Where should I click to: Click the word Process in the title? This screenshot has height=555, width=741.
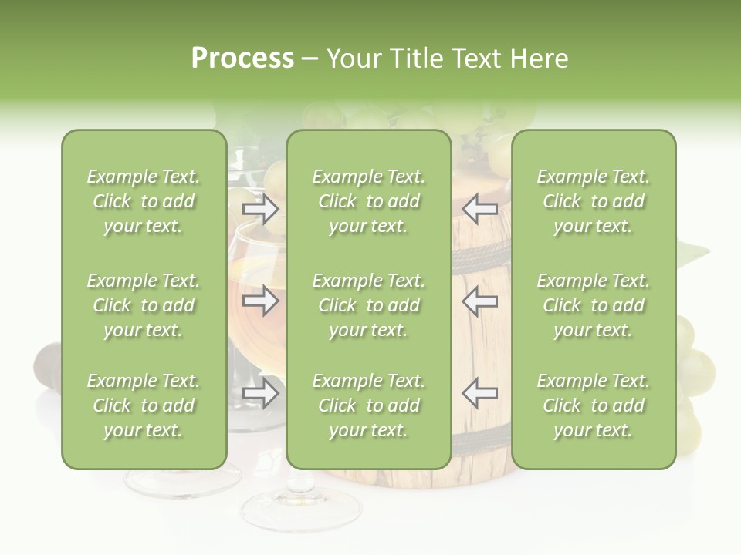click(x=242, y=59)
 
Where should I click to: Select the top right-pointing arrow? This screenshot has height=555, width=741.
click(x=260, y=208)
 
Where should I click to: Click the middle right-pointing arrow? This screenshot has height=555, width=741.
click(x=260, y=301)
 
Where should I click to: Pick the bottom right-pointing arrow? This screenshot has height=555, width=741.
click(x=260, y=393)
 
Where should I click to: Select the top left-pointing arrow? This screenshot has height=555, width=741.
click(x=479, y=208)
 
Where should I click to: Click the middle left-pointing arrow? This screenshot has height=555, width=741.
click(x=479, y=301)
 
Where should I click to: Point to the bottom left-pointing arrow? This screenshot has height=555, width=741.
click(x=479, y=393)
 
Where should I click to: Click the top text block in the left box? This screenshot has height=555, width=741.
click(x=144, y=201)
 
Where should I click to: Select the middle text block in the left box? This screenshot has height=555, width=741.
click(x=144, y=305)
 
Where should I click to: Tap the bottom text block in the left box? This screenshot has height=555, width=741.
click(x=144, y=405)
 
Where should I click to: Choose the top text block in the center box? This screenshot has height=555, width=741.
click(x=369, y=201)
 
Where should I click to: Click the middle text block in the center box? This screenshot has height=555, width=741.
click(x=369, y=305)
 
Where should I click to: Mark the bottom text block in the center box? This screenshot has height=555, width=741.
click(x=369, y=405)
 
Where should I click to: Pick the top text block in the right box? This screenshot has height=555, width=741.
click(x=594, y=201)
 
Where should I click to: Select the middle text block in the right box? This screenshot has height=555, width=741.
click(x=594, y=305)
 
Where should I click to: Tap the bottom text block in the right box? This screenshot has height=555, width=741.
click(x=594, y=405)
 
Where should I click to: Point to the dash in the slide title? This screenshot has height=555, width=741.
click(x=310, y=59)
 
